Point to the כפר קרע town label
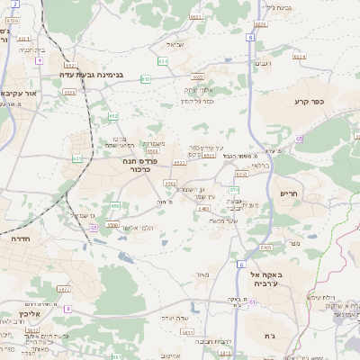click(x=307, y=102)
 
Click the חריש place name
click(x=287, y=193)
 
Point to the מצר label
click(x=294, y=242)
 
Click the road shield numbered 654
click(x=163, y=61)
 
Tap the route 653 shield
click(x=146, y=79)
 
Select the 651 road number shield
click(x=77, y=159)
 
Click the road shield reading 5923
click(x=196, y=77)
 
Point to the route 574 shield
click(x=234, y=190)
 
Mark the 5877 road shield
click(x=64, y=290)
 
